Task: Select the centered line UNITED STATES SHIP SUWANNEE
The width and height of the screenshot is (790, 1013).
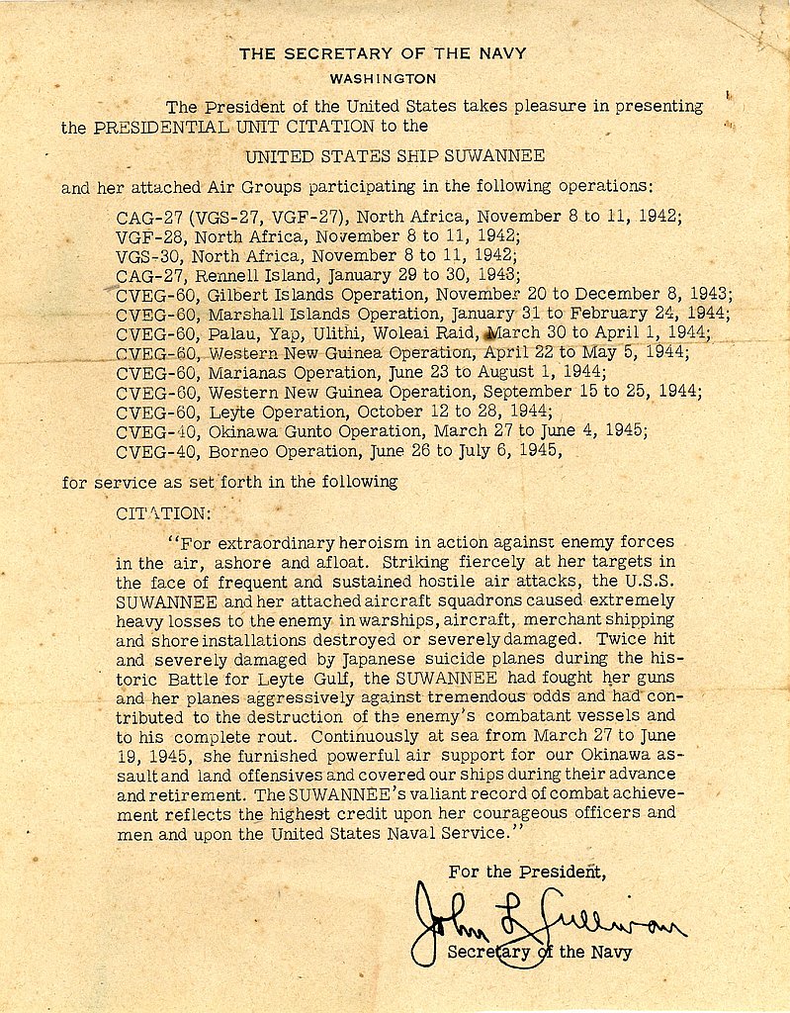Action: coord(395,156)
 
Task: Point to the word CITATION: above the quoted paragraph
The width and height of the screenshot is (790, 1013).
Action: coord(163,513)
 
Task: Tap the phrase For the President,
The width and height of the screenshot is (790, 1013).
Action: coord(527,872)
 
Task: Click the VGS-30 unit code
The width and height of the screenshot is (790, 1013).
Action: coord(150,256)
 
